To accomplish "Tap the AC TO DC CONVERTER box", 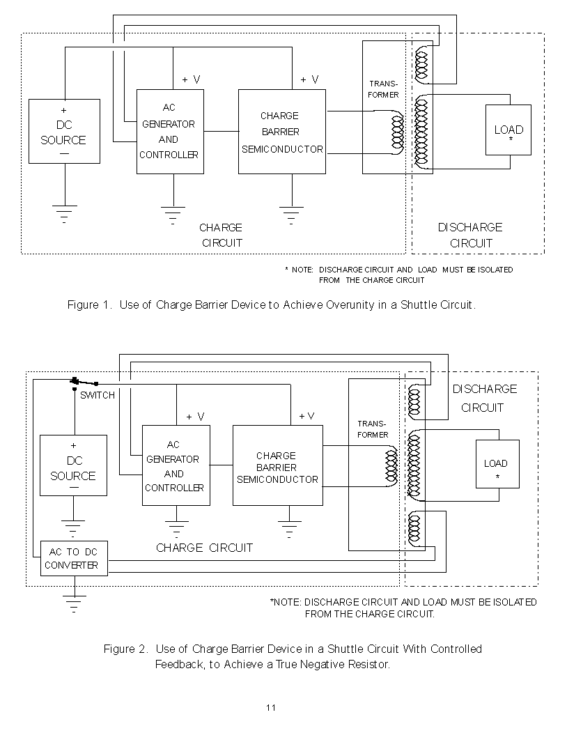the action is point(74,559).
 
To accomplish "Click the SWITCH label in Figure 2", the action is point(98,396).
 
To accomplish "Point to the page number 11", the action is point(271,708).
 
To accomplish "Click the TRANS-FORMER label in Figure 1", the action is point(383,89).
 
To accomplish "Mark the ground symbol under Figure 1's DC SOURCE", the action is point(65,214).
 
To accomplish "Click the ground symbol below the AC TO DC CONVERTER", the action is point(74,604).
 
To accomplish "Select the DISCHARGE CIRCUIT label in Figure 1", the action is point(470,235).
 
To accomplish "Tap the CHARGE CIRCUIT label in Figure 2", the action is point(204,548).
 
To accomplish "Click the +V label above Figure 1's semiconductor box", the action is point(309,80).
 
